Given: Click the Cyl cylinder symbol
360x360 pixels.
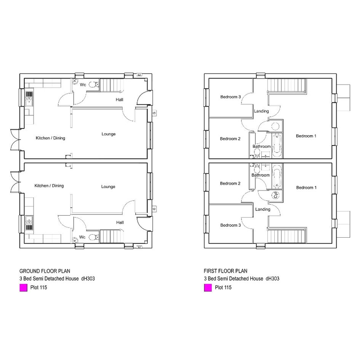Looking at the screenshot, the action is (x=275, y=195).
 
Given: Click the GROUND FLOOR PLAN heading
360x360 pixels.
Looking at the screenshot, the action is (x=45, y=271).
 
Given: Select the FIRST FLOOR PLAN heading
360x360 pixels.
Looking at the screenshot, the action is (x=226, y=271).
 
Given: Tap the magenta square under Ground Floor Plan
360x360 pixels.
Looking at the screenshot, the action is (x=23, y=288).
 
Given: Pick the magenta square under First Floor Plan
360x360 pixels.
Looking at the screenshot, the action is (x=208, y=288).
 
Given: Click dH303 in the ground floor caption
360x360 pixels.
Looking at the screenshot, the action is (x=88, y=278).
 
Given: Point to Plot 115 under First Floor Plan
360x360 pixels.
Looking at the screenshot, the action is (x=223, y=288).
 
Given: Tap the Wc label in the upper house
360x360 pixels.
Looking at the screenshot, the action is (x=83, y=85).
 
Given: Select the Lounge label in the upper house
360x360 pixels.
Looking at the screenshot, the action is (x=109, y=134).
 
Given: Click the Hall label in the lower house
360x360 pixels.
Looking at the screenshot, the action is (x=120, y=222).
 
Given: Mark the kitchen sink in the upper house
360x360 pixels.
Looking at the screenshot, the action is (x=29, y=99).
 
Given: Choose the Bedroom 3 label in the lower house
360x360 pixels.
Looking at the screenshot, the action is (x=230, y=225).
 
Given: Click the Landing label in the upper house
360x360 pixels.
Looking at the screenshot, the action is (x=261, y=111).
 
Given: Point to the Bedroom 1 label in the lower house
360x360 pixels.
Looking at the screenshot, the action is (x=306, y=187).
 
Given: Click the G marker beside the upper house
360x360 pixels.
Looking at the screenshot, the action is (x=154, y=113).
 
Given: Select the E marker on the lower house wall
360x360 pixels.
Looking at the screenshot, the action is (x=139, y=247).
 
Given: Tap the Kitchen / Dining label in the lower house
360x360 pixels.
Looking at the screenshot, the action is (x=49, y=186).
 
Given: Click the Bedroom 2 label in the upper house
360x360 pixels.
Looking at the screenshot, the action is (x=230, y=139).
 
